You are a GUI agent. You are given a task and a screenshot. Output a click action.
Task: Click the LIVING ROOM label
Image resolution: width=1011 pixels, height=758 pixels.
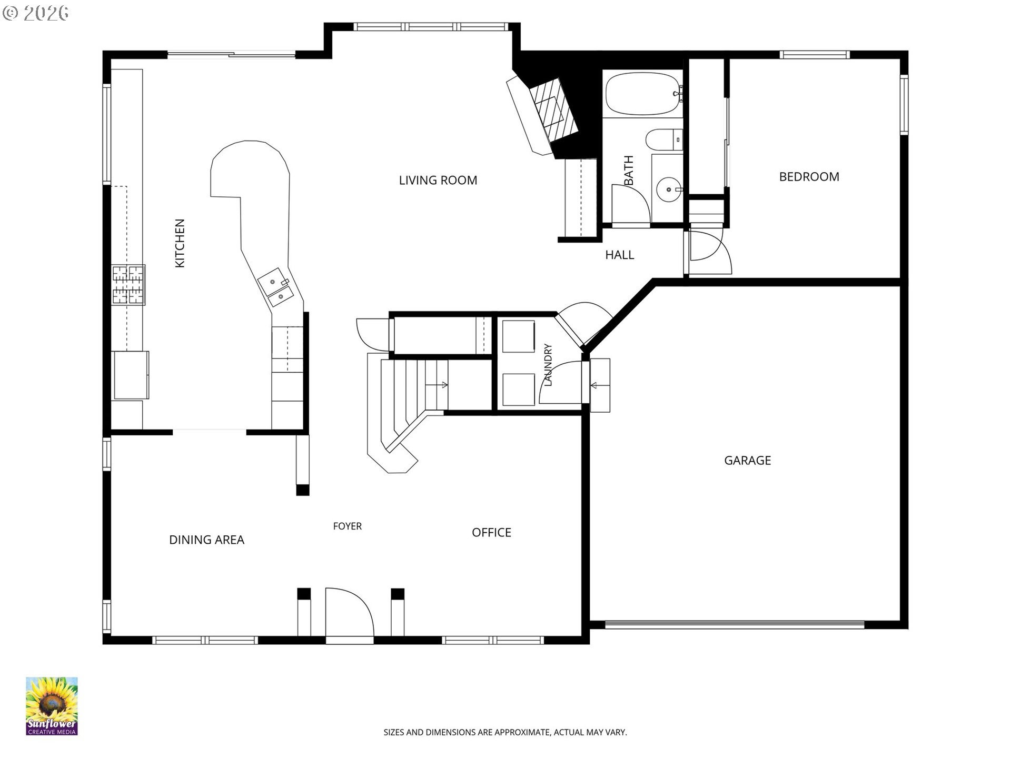[x=438, y=181]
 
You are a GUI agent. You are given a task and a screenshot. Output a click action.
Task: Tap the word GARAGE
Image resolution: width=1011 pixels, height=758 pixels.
[x=748, y=461]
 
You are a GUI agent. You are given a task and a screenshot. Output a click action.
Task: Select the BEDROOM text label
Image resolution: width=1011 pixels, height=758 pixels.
[x=809, y=177]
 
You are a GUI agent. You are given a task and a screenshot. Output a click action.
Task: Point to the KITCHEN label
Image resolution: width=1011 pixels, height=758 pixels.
[x=180, y=243]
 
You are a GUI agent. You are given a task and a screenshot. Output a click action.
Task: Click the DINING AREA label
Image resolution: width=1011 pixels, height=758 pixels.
[x=206, y=540]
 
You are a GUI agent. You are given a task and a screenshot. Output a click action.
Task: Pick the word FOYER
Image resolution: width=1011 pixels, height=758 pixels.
[x=348, y=526]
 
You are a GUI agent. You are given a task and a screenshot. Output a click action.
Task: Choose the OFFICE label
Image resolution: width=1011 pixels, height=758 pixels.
[x=492, y=533]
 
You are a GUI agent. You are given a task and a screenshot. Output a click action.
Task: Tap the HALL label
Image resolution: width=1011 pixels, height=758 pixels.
[x=620, y=255]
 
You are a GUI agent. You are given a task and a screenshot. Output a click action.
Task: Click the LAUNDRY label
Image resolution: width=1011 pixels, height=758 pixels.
[x=548, y=365]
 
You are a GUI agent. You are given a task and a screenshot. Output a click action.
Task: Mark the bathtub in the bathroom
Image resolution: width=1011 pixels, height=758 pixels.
[x=643, y=94]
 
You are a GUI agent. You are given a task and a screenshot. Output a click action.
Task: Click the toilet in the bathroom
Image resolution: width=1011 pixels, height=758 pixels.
[x=663, y=140]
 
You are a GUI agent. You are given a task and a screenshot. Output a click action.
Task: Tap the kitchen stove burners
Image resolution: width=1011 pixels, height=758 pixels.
[x=128, y=285]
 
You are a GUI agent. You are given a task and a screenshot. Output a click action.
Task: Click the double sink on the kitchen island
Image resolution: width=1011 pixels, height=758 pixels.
[x=275, y=288]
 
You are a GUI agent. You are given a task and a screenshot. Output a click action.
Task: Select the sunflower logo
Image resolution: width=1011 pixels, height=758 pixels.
[x=52, y=706]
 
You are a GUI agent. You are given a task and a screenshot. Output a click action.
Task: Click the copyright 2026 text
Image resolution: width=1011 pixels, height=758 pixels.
[x=35, y=13]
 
